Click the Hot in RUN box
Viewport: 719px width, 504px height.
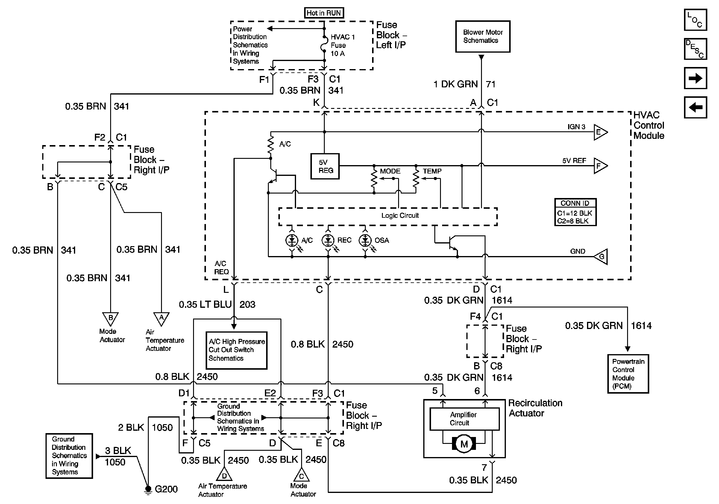[324, 13]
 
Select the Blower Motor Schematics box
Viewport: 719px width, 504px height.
[483, 36]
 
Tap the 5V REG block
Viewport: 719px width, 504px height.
[325, 166]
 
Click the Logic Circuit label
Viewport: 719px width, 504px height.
[400, 216]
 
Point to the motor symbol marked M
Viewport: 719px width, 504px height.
[464, 444]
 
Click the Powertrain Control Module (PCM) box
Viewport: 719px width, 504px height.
[628, 374]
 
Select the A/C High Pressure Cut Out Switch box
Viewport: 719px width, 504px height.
[236, 350]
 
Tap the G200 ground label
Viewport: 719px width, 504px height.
[166, 489]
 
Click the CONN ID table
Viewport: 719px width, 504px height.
[575, 212]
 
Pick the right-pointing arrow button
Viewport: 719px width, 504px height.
[695, 78]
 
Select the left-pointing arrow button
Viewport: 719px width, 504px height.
[695, 107]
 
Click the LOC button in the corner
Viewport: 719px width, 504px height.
[695, 20]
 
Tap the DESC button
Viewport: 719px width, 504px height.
[695, 49]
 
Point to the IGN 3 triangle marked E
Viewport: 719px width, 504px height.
[600, 132]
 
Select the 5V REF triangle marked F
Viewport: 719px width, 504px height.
[600, 166]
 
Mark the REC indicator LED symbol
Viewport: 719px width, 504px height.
[328, 240]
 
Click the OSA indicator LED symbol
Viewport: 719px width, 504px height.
[365, 240]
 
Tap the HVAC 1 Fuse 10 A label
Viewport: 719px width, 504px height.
[343, 45]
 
